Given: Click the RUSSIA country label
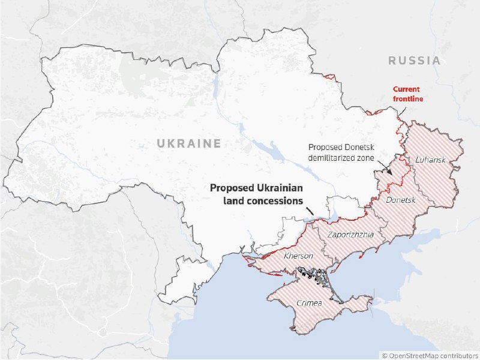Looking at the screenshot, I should (414, 61).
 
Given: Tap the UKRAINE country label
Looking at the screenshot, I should (189, 143).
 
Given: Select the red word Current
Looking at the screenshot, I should (406, 89).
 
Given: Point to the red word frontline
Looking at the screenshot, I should (408, 98).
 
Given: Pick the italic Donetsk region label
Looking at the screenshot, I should (400, 199).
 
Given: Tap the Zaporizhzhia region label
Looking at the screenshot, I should (355, 235).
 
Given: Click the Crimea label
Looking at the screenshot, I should (309, 302).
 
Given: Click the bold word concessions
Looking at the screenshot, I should (271, 202).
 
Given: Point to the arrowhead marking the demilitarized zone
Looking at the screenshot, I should (389, 172).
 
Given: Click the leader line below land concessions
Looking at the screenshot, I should (310, 211).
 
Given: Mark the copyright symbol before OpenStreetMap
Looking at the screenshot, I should (385, 355).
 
